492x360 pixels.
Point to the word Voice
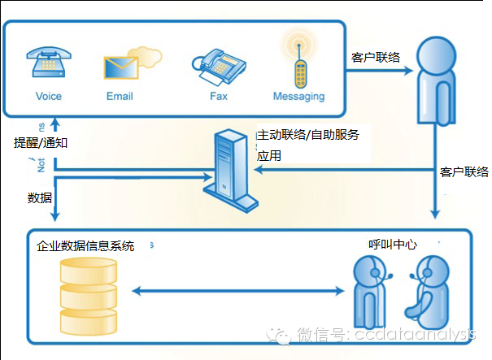point(49,96)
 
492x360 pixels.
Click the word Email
point(120,96)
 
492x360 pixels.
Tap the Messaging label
point(298,96)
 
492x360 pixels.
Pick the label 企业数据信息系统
point(85,245)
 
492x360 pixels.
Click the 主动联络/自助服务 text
point(307,134)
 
